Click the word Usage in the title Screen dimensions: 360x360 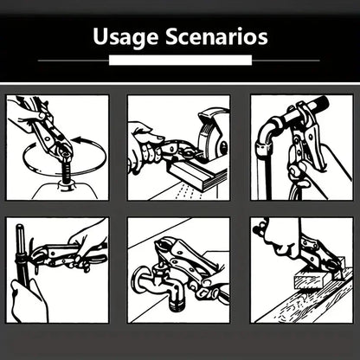[x=125, y=37]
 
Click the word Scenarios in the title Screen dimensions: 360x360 [x=216, y=36]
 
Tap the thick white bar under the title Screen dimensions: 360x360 [x=180, y=61]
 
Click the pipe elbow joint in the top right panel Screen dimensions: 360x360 [x=267, y=132]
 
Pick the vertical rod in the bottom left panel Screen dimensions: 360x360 [x=21, y=254]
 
